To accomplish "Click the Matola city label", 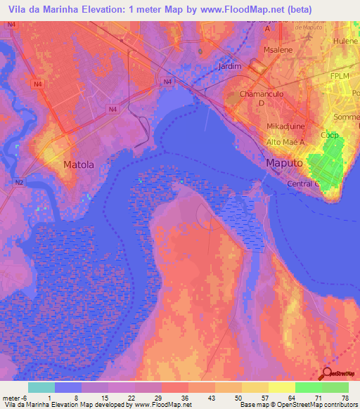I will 78,165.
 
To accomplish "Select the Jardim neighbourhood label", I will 230,67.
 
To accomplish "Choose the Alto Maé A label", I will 283,141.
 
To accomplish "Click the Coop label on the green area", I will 329,135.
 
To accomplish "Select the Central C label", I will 304,184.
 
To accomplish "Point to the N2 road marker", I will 19,182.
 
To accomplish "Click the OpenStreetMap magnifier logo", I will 328,375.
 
